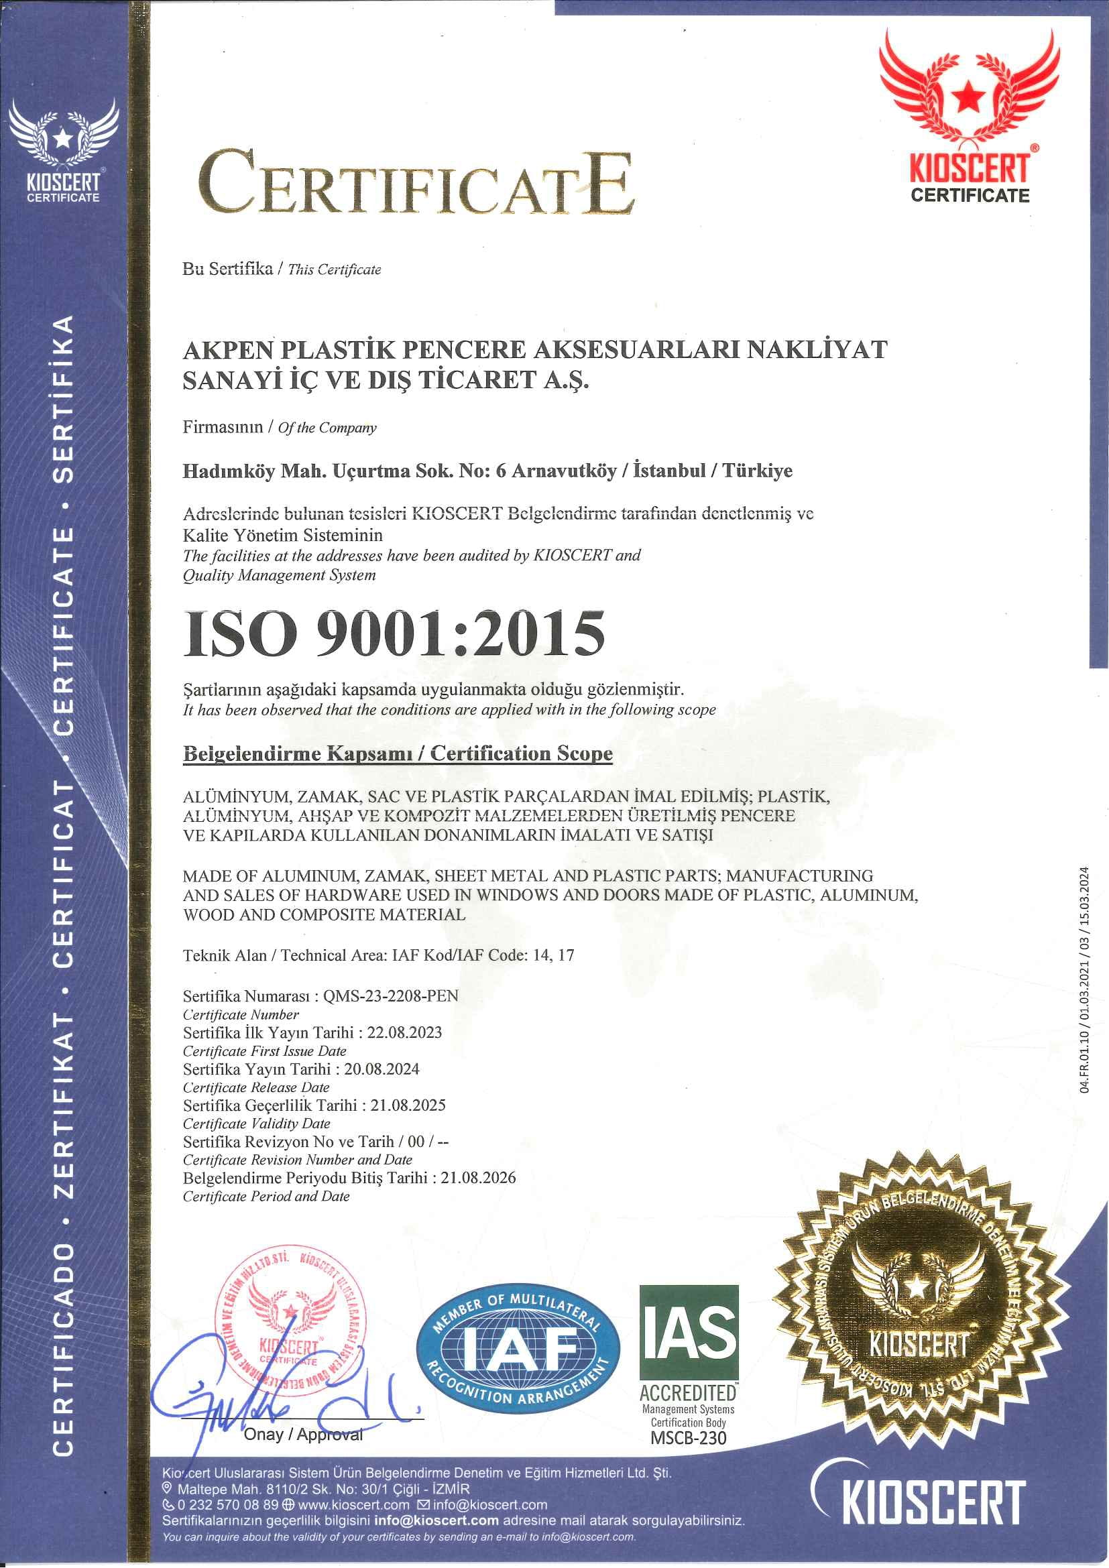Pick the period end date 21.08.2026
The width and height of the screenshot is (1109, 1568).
pos(478,1177)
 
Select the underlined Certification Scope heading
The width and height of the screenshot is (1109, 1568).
pos(398,754)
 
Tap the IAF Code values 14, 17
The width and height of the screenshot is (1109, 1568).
pos(553,955)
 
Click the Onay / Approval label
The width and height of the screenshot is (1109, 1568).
pos(303,1434)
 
